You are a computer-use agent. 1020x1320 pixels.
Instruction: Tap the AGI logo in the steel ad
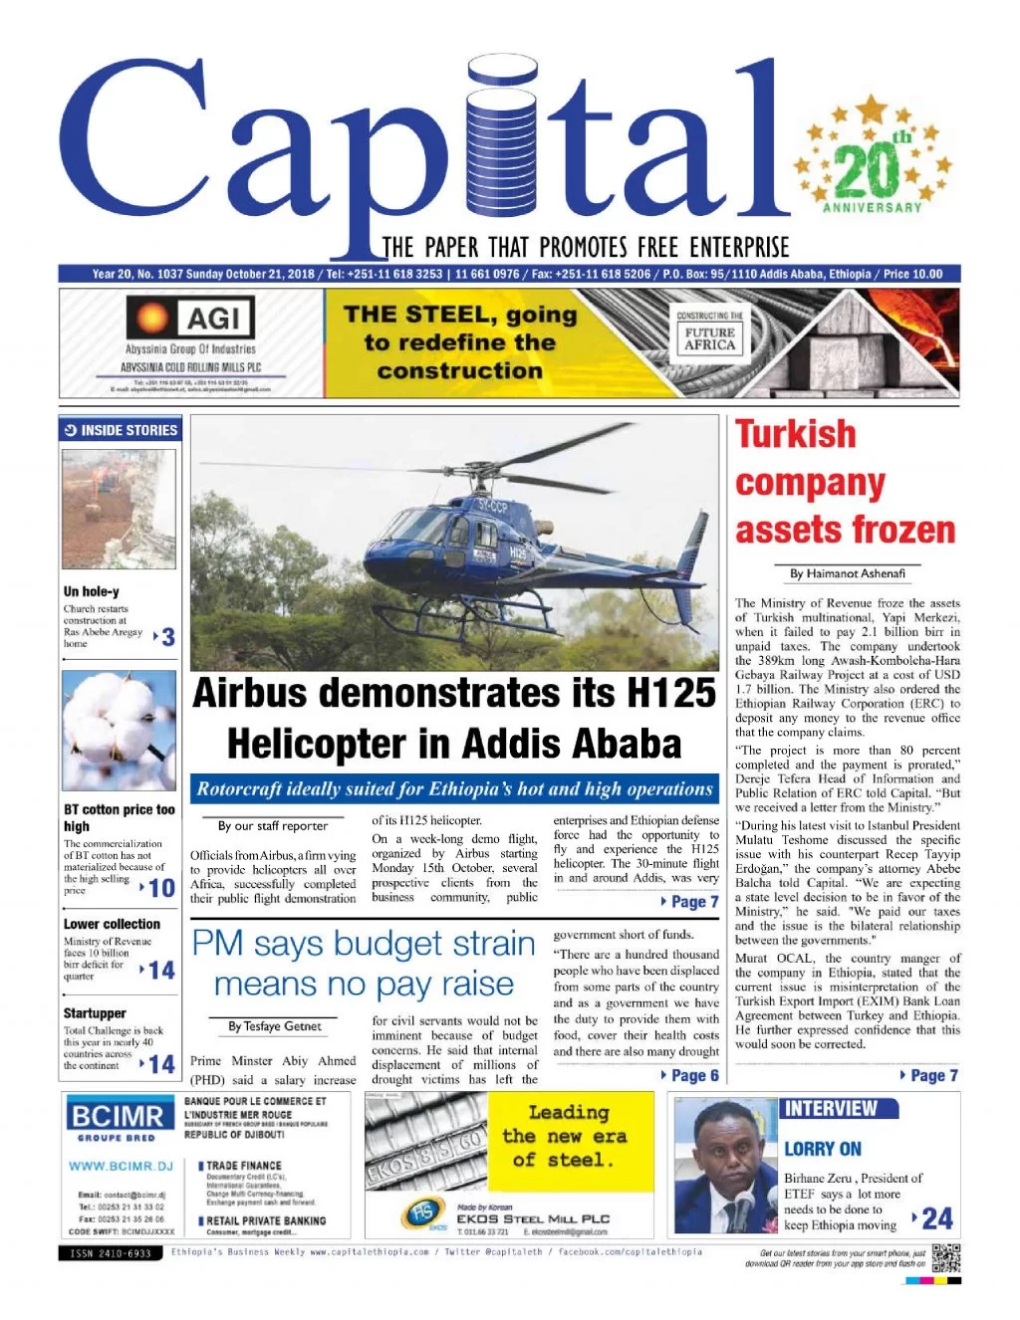[x=190, y=319]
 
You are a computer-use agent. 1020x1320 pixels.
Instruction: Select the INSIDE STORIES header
[x=121, y=430]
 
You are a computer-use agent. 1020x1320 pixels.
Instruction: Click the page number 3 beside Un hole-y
[x=167, y=637]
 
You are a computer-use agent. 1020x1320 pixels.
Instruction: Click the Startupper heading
[x=95, y=1012]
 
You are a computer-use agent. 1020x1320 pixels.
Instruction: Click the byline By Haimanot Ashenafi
[x=847, y=573]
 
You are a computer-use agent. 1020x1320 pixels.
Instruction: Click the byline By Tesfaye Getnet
[x=274, y=1026]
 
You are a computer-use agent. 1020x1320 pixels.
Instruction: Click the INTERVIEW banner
[x=830, y=1108]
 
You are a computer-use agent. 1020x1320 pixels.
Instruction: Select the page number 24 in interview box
[x=936, y=1217]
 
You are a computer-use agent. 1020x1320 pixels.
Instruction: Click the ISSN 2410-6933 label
[x=111, y=1253]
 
